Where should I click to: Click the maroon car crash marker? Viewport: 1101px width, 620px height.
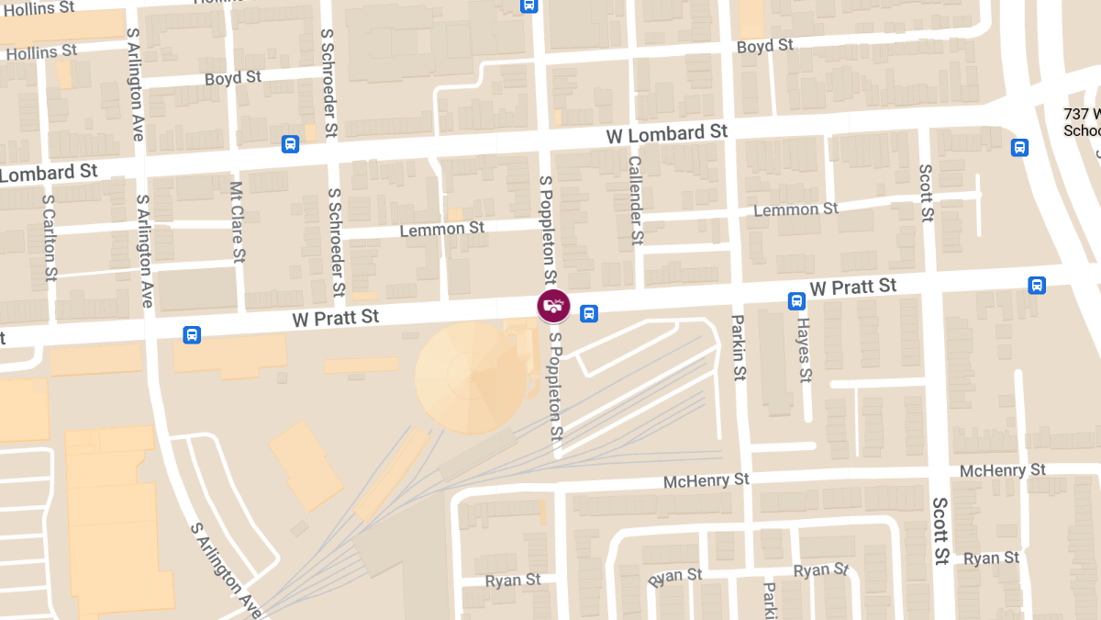(x=553, y=305)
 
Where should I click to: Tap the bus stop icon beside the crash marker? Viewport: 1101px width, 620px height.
(x=589, y=313)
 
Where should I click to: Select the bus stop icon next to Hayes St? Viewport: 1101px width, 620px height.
(x=796, y=300)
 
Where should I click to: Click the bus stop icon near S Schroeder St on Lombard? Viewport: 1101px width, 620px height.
(x=290, y=144)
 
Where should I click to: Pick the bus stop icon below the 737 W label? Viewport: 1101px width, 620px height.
(x=1019, y=147)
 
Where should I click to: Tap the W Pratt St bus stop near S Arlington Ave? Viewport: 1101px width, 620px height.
(x=192, y=334)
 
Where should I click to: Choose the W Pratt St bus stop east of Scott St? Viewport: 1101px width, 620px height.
(x=1037, y=285)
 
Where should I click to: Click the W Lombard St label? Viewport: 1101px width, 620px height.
(x=667, y=134)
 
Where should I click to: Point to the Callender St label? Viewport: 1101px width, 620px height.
(x=635, y=200)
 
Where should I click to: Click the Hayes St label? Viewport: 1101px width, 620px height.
(x=805, y=350)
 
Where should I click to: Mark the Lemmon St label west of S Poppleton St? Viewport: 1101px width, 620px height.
(x=442, y=229)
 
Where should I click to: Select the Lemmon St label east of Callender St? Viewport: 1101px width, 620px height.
(x=795, y=210)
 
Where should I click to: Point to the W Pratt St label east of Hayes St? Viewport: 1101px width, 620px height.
(x=853, y=287)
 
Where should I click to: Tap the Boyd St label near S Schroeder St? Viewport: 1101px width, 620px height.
(x=234, y=79)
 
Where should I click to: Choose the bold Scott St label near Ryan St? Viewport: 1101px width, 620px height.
(x=941, y=531)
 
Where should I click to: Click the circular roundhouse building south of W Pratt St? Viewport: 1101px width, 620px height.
(x=471, y=377)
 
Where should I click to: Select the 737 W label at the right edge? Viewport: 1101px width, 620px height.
(x=1082, y=115)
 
